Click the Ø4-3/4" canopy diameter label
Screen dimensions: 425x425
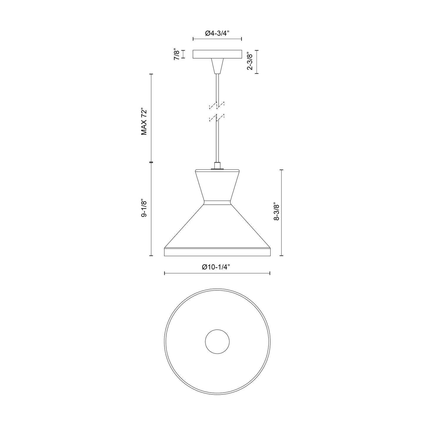click(217, 33)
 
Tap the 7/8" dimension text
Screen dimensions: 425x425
click(177, 54)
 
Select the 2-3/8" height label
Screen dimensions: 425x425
click(250, 61)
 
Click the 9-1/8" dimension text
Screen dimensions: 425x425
click(144, 209)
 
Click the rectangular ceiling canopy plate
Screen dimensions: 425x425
click(217, 54)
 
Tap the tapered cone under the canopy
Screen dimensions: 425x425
click(217, 66)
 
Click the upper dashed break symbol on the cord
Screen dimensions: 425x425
click(217, 105)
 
